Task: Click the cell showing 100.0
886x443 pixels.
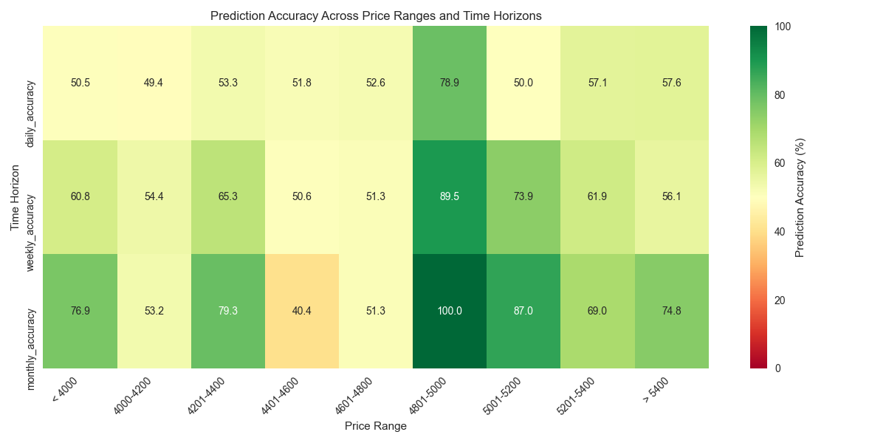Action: click(450, 311)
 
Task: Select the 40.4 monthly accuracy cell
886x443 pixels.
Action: click(302, 311)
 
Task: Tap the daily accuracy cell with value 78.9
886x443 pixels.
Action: click(450, 83)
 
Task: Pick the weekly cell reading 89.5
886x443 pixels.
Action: click(450, 197)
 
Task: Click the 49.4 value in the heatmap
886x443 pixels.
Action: click(154, 83)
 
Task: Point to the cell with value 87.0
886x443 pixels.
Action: click(523, 311)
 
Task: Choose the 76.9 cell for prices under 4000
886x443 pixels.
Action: click(80, 311)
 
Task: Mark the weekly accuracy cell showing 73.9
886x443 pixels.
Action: click(523, 197)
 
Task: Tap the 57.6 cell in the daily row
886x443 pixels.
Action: click(671, 83)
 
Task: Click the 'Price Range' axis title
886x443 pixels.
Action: click(375, 426)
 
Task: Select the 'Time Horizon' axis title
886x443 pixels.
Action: click(15, 197)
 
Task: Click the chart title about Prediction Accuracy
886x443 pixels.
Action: click(375, 16)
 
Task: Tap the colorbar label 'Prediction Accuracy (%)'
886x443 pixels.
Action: click(800, 197)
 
